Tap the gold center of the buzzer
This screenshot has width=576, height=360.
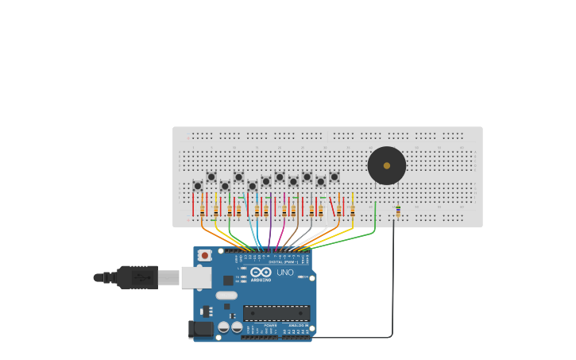(x=387, y=165)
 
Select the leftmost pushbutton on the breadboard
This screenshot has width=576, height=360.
(x=198, y=186)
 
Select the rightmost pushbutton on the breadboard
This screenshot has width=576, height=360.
(x=334, y=177)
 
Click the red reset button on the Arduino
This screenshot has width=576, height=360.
(x=205, y=255)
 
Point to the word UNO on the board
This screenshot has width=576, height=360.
(x=284, y=273)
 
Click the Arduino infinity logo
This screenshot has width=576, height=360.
(x=261, y=272)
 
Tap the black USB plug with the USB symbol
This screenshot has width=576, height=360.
(x=138, y=277)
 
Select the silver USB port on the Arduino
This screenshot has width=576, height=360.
(x=195, y=277)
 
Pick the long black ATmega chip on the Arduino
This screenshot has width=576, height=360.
(x=276, y=313)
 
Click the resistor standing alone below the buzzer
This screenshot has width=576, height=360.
(x=398, y=211)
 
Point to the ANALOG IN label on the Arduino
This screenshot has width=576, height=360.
(x=299, y=325)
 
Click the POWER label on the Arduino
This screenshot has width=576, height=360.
(x=270, y=325)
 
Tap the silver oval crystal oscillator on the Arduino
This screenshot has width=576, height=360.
(x=226, y=295)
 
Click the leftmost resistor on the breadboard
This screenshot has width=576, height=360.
(x=202, y=210)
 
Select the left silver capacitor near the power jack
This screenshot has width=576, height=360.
(x=224, y=327)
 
